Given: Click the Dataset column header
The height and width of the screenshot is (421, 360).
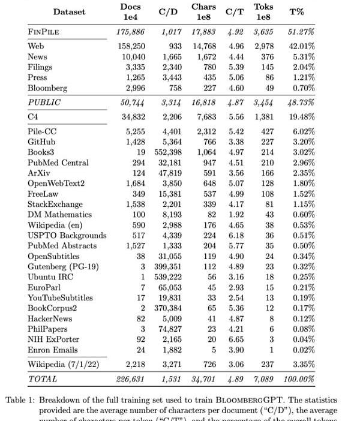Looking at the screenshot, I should click(x=69, y=11).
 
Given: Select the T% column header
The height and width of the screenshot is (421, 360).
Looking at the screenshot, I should click(x=296, y=11).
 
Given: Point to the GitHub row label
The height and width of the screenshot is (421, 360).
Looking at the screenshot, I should click(x=42, y=142).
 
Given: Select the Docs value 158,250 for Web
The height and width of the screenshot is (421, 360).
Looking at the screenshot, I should click(x=131, y=46).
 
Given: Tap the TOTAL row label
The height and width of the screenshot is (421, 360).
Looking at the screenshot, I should click(x=43, y=378).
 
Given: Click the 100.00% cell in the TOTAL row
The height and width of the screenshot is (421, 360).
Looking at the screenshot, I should click(x=299, y=378).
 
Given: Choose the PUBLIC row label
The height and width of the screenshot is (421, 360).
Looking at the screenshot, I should click(x=44, y=103).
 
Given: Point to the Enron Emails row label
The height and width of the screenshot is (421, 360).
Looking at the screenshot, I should click(x=53, y=350).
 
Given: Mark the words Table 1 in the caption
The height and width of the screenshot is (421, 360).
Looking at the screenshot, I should click(x=20, y=400).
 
